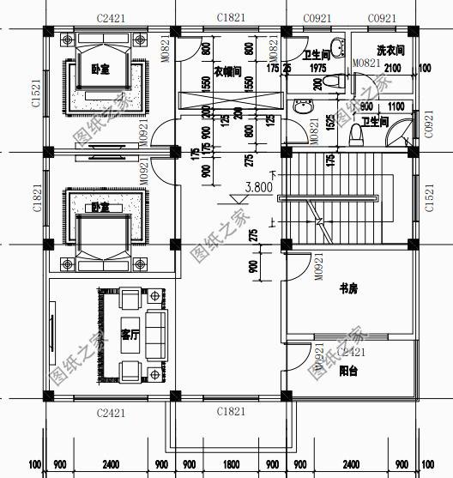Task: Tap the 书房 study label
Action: pos(348,289)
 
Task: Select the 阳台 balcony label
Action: pos(348,371)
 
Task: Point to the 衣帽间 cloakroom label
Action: pos(226,71)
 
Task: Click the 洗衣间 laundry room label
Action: pos(390,51)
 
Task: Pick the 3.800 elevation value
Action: pos(260,186)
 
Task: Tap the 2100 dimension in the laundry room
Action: pos(392,68)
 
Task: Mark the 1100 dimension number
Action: pos(395,106)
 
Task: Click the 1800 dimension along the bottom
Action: pos(232,465)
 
